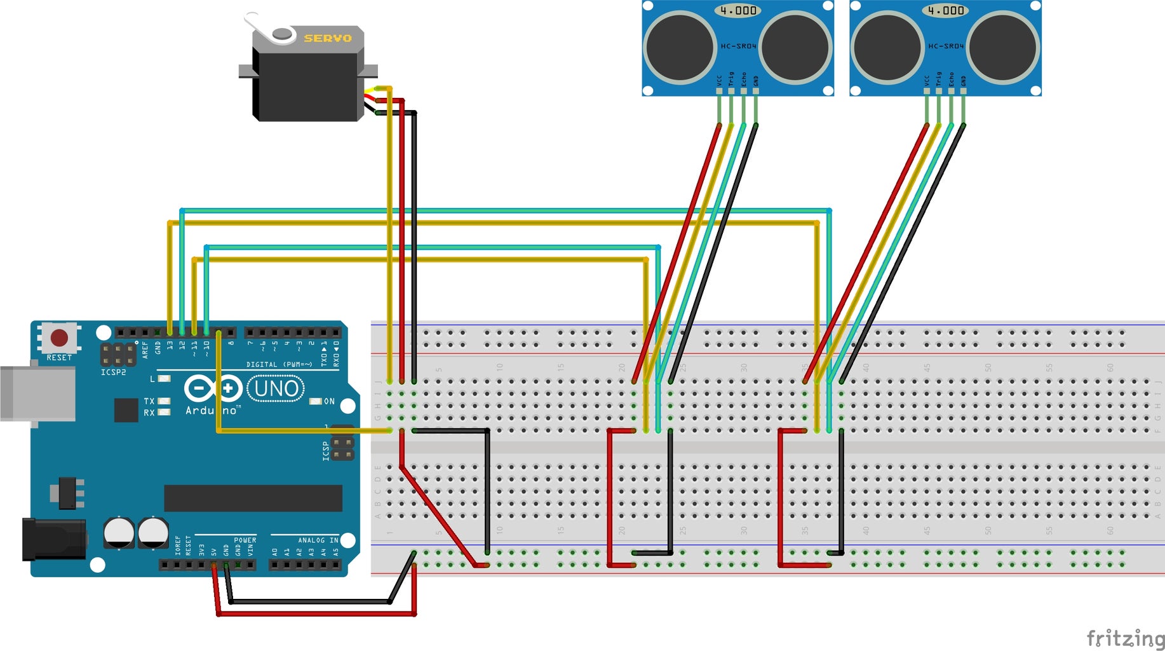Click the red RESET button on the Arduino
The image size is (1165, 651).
pos(59,337)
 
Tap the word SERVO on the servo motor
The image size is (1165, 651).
pos(327,38)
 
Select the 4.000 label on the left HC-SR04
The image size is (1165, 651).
pos(738,10)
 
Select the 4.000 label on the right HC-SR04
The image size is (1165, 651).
pos(946,10)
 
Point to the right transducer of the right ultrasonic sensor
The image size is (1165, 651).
pos(1002,47)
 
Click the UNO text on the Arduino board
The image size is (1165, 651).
pos(276,388)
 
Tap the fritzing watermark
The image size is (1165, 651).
pos(1125,638)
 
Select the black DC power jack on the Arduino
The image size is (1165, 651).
pos(54,539)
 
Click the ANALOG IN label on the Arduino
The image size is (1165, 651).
pos(318,540)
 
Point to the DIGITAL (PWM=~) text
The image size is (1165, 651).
pos(279,364)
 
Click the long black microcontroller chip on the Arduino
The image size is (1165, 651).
pos(253,498)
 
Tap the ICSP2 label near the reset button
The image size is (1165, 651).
pos(113,372)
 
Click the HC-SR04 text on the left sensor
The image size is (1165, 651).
pos(738,46)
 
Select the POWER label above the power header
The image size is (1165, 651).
pos(245,540)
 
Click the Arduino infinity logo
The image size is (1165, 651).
pos(213,388)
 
